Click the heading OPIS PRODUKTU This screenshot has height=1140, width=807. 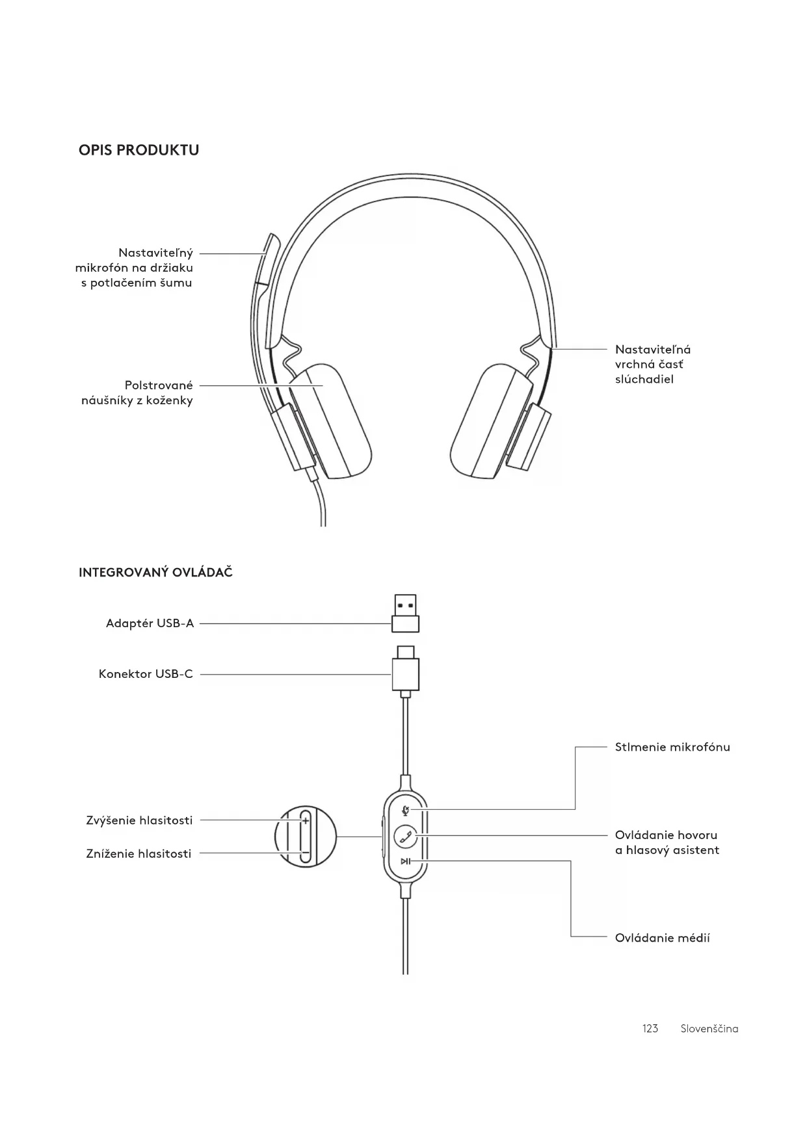(x=139, y=150)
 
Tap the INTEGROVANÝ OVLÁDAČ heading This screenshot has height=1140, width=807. (x=155, y=573)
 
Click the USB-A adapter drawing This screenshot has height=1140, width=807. (x=405, y=614)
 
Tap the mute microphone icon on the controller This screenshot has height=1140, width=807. (x=406, y=810)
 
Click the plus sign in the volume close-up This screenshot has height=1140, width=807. (x=305, y=821)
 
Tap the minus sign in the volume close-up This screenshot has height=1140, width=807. (x=304, y=852)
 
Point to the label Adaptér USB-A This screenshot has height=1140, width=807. (x=150, y=624)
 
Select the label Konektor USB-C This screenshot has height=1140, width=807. (x=146, y=674)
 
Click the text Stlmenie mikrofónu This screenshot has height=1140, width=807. (x=672, y=747)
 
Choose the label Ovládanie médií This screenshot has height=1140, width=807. (x=662, y=938)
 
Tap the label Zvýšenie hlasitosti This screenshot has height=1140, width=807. (x=139, y=820)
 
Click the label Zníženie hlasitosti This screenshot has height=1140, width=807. (x=139, y=854)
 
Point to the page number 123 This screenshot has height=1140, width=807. (x=650, y=1028)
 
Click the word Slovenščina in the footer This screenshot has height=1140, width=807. (x=709, y=1028)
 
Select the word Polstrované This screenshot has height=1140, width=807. (x=159, y=385)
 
